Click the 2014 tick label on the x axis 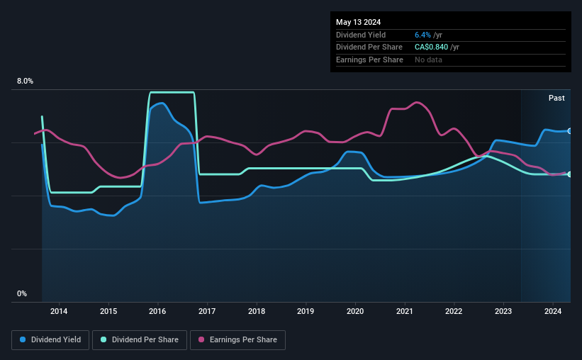click(x=59, y=310)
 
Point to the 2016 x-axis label click(x=157, y=310)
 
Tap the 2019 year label click(x=306, y=310)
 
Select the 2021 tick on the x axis click(x=405, y=310)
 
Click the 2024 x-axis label click(x=553, y=310)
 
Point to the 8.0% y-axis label click(x=25, y=81)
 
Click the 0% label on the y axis click(x=22, y=293)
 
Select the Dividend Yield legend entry click(x=51, y=340)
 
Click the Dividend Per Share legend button click(x=144, y=340)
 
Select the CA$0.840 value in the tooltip click(x=431, y=47)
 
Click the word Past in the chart click(x=556, y=98)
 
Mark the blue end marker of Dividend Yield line click(x=569, y=131)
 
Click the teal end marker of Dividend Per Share click(x=569, y=174)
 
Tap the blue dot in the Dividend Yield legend click(x=23, y=340)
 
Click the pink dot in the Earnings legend click(x=201, y=340)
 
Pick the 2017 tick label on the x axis click(x=207, y=310)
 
